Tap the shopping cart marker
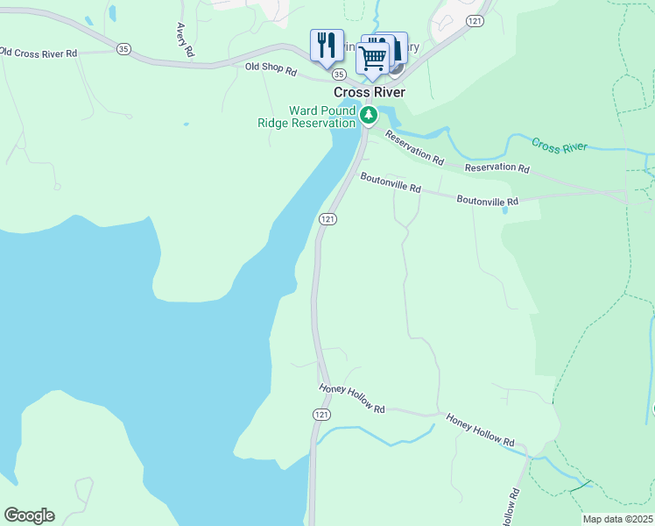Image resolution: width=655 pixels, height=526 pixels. click(372, 58)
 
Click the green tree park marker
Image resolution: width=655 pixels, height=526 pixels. click(370, 114)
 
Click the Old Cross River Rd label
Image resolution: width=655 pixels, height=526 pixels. click(39, 53)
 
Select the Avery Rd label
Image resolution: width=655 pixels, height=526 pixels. click(184, 39)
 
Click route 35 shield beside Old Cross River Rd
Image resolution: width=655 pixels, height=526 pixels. click(123, 50)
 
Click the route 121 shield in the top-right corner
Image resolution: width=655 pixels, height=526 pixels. click(475, 19)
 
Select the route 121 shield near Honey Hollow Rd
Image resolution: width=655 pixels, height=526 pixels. click(320, 413)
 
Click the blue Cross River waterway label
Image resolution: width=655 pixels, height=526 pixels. click(559, 146)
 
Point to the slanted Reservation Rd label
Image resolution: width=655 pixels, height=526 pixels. click(415, 148)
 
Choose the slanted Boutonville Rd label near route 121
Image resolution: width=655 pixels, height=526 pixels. click(391, 182)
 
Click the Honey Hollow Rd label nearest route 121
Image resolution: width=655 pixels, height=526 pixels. click(352, 398)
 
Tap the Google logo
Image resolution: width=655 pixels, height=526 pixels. click(29, 515)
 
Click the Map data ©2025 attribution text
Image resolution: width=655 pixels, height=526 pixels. click(617, 519)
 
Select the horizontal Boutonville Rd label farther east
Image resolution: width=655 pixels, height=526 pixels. click(487, 200)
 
